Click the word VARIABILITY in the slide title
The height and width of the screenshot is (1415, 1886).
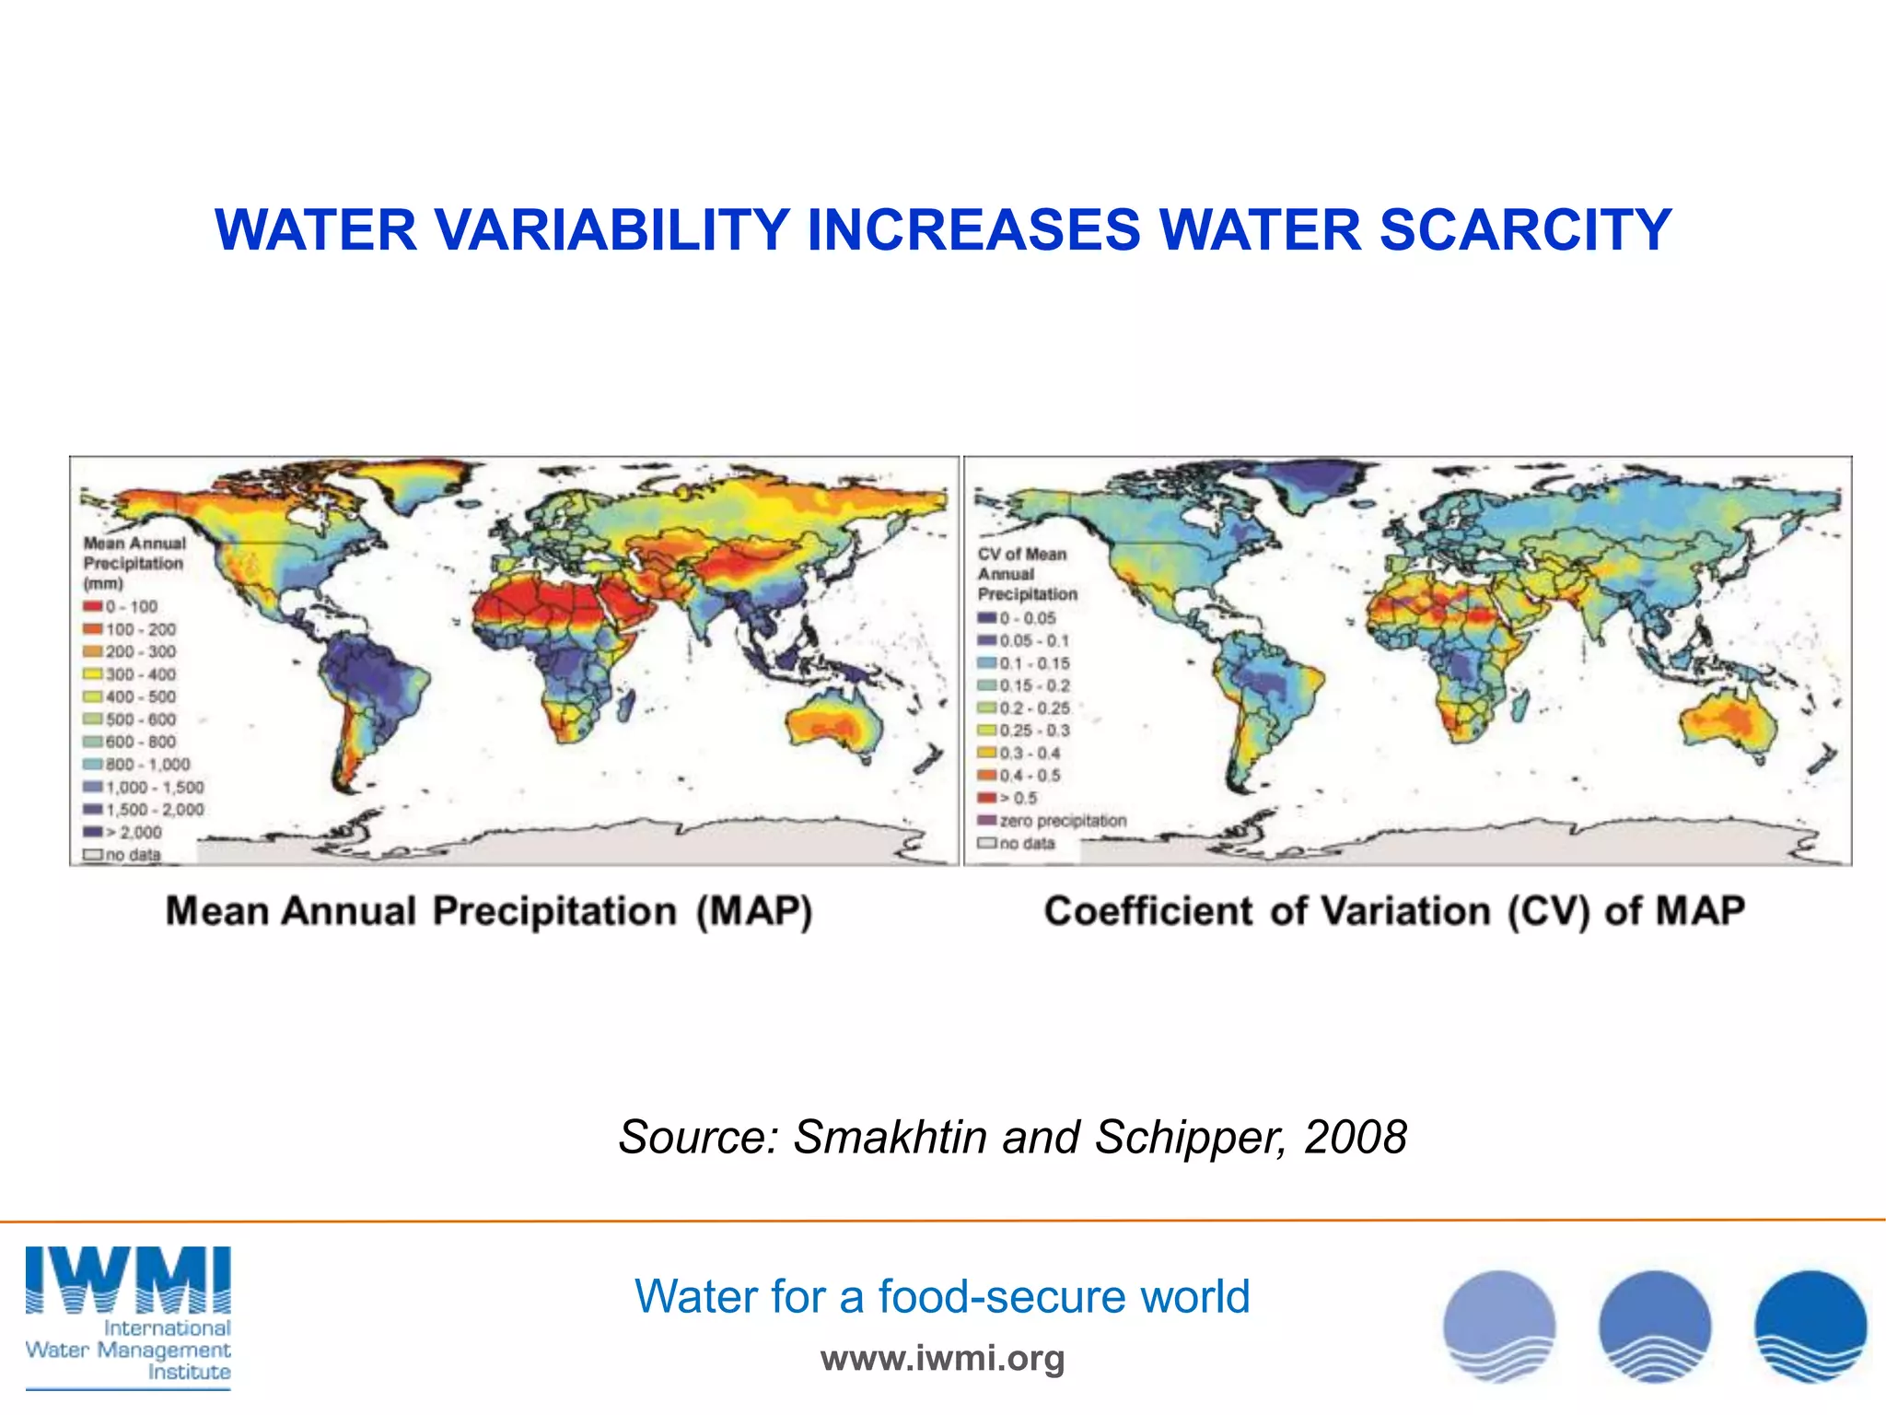(x=612, y=230)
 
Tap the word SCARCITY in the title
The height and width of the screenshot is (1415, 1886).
(x=1524, y=230)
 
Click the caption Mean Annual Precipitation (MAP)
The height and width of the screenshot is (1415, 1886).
(x=489, y=911)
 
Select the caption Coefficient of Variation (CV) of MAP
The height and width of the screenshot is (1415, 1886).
(x=1394, y=911)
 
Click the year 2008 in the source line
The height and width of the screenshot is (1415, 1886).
(x=1356, y=1137)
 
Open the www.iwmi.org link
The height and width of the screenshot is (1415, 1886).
(x=942, y=1358)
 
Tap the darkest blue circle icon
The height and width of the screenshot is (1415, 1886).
(x=1810, y=1327)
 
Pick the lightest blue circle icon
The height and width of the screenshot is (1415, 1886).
(x=1499, y=1327)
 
